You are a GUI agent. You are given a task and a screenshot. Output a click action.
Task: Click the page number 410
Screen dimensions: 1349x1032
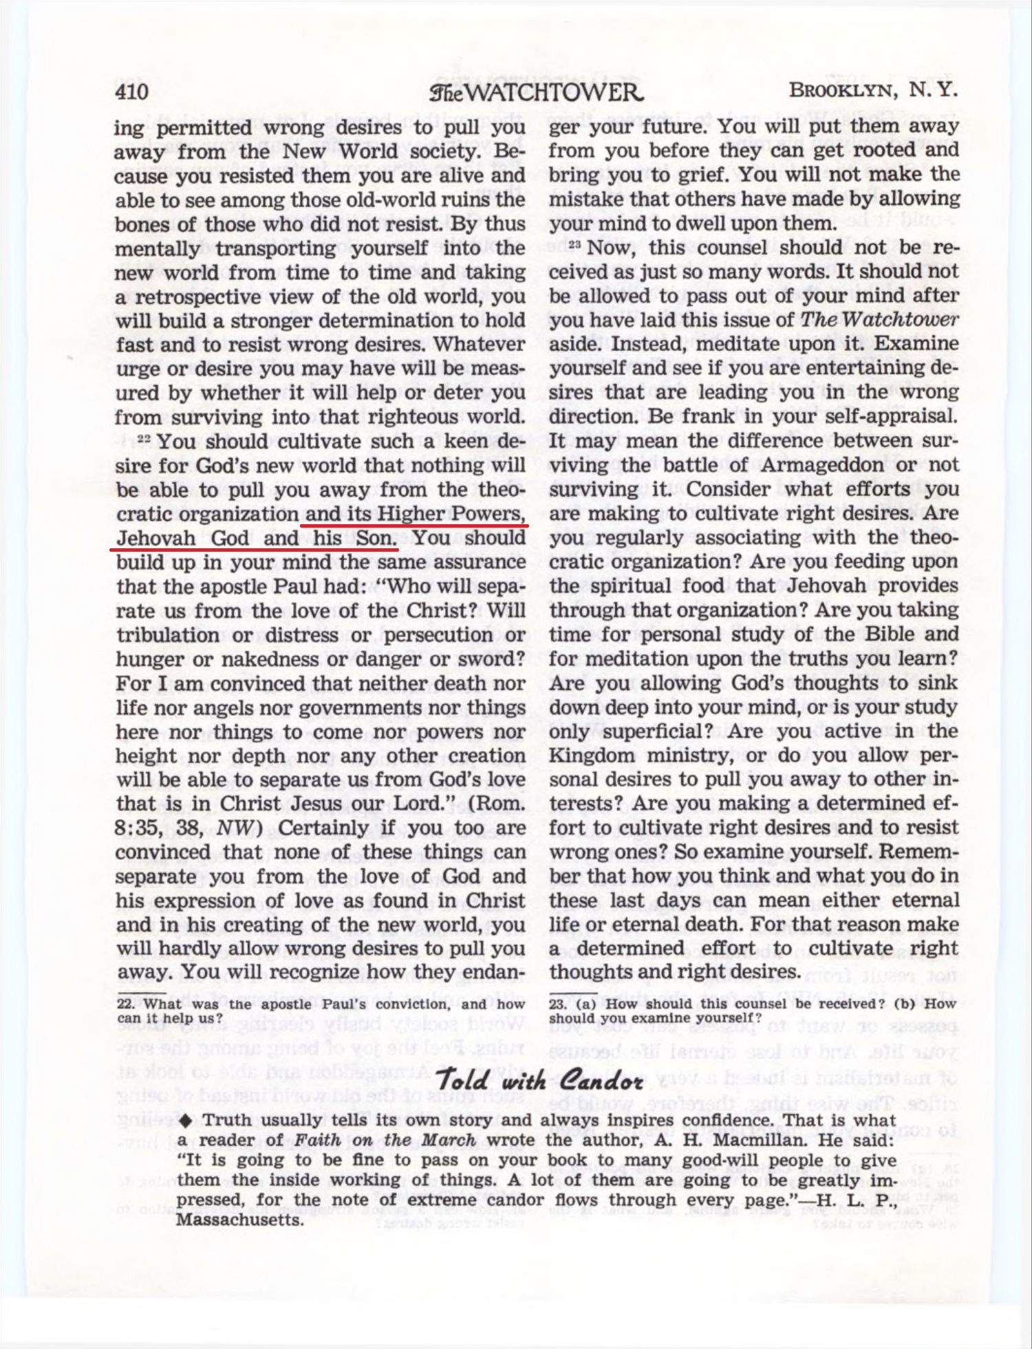[x=132, y=91]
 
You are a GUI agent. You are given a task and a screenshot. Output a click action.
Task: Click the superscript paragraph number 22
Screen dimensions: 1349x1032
[x=144, y=438]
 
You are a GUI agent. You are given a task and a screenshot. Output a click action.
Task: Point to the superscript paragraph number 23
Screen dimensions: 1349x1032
[x=575, y=245]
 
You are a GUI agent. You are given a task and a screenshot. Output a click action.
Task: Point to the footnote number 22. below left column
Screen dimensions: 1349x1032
[x=125, y=1004]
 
